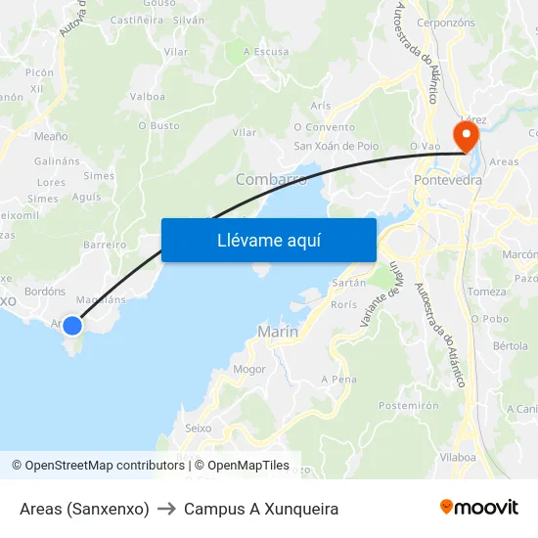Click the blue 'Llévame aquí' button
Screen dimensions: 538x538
pyautogui.click(x=268, y=240)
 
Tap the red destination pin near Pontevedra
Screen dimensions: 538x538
pyautogui.click(x=464, y=135)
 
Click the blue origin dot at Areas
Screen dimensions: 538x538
pyautogui.click(x=71, y=324)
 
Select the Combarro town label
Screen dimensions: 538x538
pyautogui.click(x=271, y=180)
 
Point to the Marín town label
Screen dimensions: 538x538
pyautogui.click(x=278, y=333)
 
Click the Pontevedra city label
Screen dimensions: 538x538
pyautogui.click(x=448, y=181)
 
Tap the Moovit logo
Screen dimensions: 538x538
pyautogui.click(x=479, y=508)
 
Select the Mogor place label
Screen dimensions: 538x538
pyautogui.click(x=249, y=369)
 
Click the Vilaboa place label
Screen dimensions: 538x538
pyautogui.click(x=458, y=456)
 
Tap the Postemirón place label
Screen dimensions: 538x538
pyautogui.click(x=407, y=405)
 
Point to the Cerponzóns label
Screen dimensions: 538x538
pyautogui.click(x=446, y=22)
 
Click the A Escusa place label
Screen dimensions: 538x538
pyautogui.click(x=266, y=52)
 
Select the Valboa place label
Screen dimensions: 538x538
pyautogui.click(x=147, y=96)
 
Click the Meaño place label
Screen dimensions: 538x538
pyautogui.click(x=51, y=137)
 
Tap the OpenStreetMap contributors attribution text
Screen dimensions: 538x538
pyautogui.click(x=98, y=466)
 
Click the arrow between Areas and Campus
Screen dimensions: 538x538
pyautogui.click(x=166, y=509)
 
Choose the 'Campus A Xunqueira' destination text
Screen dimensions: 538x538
pyautogui.click(x=261, y=509)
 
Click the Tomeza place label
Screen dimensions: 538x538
pyautogui.click(x=487, y=291)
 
